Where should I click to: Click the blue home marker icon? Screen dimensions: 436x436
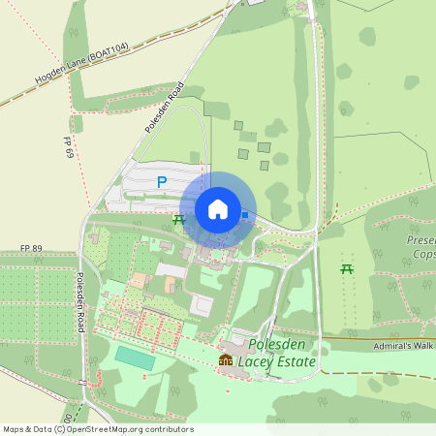(x=217, y=209)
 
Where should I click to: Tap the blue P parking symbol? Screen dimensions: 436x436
(x=162, y=181)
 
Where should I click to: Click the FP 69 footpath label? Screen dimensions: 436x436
(x=69, y=148)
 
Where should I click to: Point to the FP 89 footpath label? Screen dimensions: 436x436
(x=32, y=249)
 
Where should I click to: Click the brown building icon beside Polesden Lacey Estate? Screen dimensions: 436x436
(x=226, y=360)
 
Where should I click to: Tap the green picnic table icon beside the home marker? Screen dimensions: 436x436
(x=178, y=221)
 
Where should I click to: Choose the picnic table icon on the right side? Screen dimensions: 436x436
(x=347, y=267)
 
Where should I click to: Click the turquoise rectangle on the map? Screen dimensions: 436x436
(x=135, y=357)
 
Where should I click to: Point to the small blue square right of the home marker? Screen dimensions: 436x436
(x=245, y=215)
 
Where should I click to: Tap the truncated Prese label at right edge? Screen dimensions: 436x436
(x=422, y=240)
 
